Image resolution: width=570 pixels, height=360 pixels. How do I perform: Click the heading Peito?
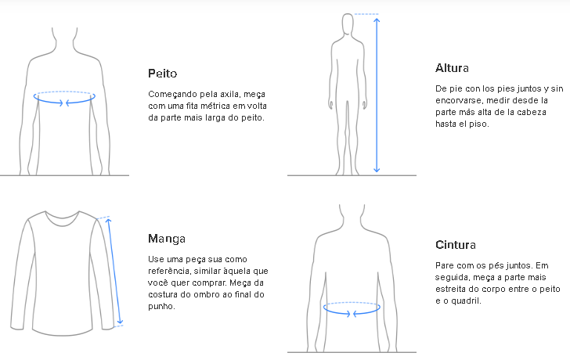click(162, 74)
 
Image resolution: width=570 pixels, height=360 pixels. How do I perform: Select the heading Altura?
click(452, 68)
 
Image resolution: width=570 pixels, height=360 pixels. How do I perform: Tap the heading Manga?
click(167, 239)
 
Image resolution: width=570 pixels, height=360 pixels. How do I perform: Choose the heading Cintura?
click(456, 245)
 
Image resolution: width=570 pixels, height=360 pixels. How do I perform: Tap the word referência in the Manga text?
click(170, 271)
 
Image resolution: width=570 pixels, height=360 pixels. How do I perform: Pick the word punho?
click(161, 306)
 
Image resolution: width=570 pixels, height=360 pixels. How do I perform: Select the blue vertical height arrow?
click(377, 94)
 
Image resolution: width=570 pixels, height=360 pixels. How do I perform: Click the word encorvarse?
click(459, 100)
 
